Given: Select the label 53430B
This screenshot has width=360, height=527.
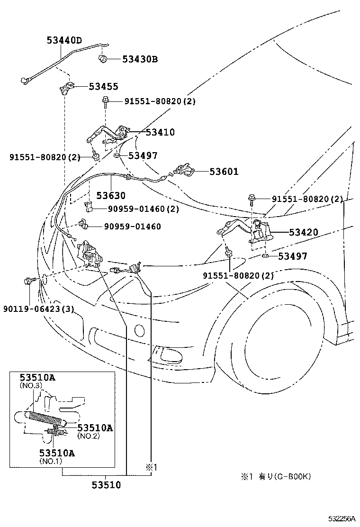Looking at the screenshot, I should pos(140,59).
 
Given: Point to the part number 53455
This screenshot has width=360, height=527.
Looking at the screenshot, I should pos(103,87).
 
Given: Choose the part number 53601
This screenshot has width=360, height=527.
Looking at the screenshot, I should pos(224,172).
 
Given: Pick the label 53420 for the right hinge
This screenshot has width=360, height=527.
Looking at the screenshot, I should pos(304,232).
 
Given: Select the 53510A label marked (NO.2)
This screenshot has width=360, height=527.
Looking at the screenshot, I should pos(95,428).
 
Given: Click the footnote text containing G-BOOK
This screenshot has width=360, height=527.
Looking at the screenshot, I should pos(278,476).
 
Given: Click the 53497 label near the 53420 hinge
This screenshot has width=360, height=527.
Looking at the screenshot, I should pos(292,256).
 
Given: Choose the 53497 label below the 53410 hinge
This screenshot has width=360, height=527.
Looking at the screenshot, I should pos(143,155).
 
